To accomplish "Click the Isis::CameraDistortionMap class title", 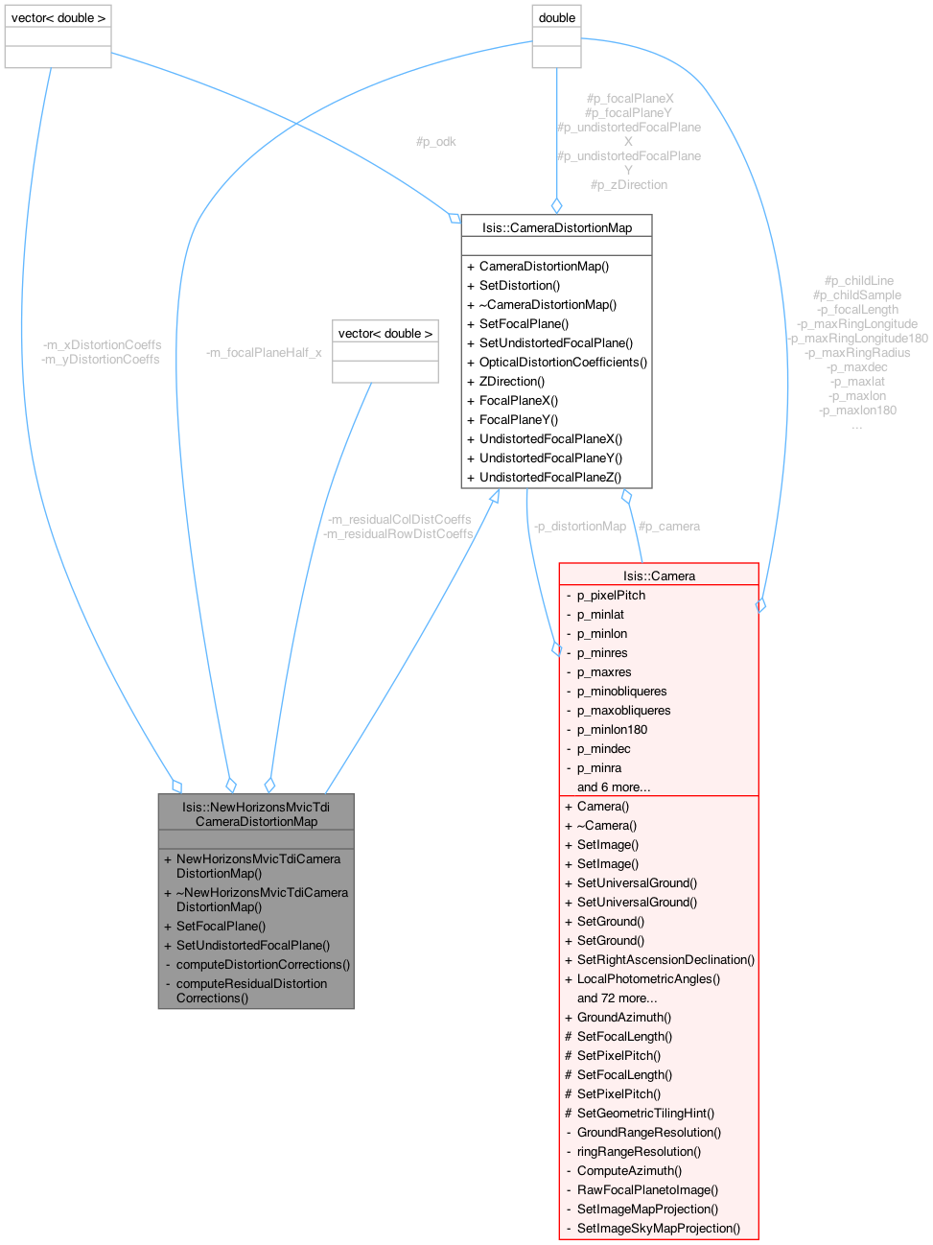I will [556, 227].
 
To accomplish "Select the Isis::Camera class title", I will [659, 576].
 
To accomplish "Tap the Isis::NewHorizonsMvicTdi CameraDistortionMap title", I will [256, 813].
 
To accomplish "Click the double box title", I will [557, 17].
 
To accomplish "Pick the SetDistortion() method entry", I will [519, 285].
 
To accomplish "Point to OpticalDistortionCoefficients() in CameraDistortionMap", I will [563, 362].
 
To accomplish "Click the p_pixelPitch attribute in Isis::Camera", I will [611, 595].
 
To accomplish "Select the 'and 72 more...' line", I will [617, 998].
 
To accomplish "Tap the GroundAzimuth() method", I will [623, 1017].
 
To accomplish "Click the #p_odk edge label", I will [435, 141].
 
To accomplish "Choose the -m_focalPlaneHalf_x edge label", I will [264, 352].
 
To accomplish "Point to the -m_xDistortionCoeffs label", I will [102, 344].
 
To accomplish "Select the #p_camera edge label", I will [669, 526].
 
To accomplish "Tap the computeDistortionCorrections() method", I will [263, 964].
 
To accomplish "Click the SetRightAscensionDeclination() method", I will [665, 959].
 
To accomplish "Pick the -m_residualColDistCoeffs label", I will [399, 519].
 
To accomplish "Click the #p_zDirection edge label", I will [629, 184].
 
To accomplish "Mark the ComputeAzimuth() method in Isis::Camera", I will [629, 1170].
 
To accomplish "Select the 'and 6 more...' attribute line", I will [614, 787].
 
